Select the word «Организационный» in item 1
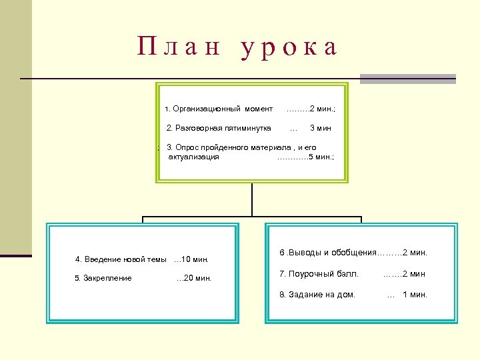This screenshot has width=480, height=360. [x=207, y=109]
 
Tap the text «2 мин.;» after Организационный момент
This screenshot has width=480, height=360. [x=322, y=109]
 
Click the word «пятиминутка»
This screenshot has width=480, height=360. [x=247, y=128]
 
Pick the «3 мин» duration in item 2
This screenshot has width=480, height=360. [x=321, y=128]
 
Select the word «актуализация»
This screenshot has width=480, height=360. [x=194, y=157]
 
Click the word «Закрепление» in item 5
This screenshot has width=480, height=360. [x=107, y=278]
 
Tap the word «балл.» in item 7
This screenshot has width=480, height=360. [x=349, y=273]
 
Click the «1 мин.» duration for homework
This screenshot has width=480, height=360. [x=415, y=295]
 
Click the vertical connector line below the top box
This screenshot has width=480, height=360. [x=252, y=200]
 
